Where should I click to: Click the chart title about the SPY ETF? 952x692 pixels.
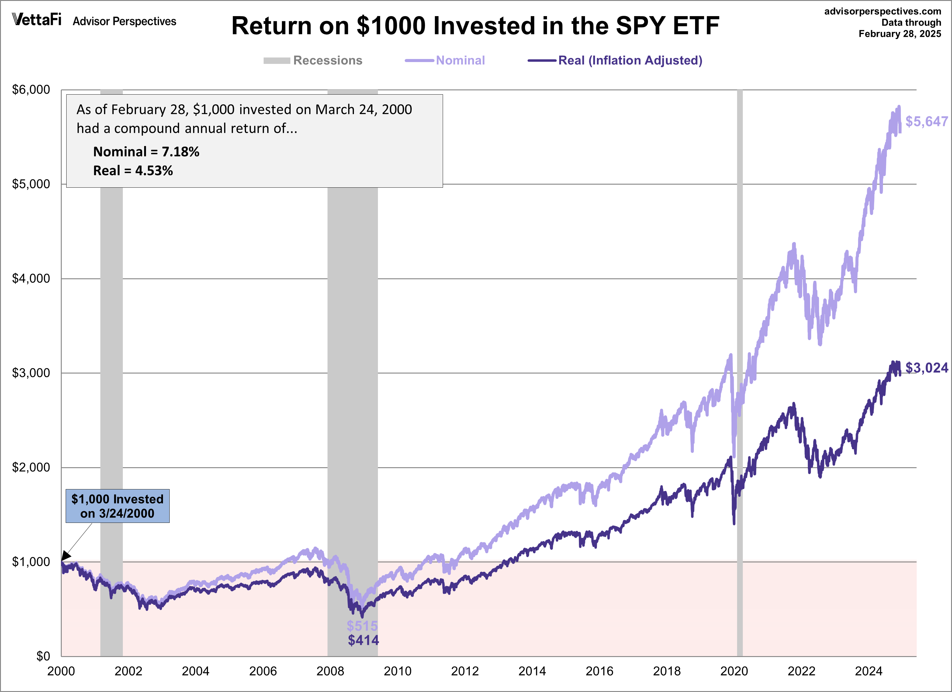click(x=475, y=26)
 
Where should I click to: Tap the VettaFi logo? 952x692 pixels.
click(x=37, y=19)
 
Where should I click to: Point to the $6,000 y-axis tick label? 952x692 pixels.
click(x=31, y=89)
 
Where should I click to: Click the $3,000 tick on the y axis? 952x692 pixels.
click(x=31, y=373)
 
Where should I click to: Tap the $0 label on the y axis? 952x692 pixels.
click(x=43, y=656)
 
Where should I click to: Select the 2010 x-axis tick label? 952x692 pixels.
click(x=397, y=671)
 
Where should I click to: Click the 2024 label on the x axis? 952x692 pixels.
click(x=868, y=671)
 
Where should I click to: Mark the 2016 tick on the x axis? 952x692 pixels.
click(x=599, y=671)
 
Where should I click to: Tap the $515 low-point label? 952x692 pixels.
click(x=362, y=626)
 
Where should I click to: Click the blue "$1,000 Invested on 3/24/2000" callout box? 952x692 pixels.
click(x=118, y=506)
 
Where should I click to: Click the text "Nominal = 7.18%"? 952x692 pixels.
click(x=146, y=151)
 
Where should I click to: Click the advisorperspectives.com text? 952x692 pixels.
click(x=882, y=11)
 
